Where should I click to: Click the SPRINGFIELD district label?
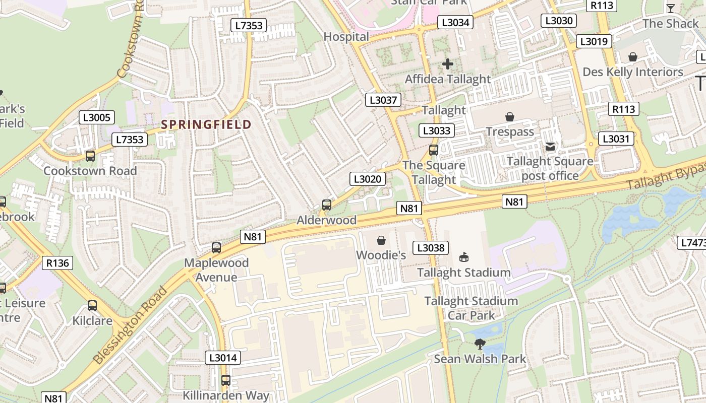click(x=206, y=124)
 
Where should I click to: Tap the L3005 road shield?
click(x=97, y=118)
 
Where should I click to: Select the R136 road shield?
click(x=58, y=262)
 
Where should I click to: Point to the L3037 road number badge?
click(x=383, y=100)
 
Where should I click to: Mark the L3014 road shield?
click(x=223, y=358)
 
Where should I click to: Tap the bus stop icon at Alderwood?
click(x=327, y=205)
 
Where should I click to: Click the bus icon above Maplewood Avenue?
click(x=216, y=248)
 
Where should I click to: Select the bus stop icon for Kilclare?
click(x=92, y=306)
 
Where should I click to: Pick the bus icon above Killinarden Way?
click(x=226, y=380)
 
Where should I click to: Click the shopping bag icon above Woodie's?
click(x=381, y=240)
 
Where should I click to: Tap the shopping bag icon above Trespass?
click(x=510, y=117)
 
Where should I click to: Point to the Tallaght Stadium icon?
click(x=463, y=257)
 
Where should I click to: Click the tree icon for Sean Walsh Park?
click(x=480, y=344)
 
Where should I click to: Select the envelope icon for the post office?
click(x=550, y=147)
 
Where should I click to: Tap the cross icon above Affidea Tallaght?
click(x=448, y=64)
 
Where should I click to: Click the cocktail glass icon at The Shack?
click(x=670, y=8)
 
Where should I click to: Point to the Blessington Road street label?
click(x=131, y=325)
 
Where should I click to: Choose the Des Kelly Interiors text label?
click(x=632, y=72)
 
